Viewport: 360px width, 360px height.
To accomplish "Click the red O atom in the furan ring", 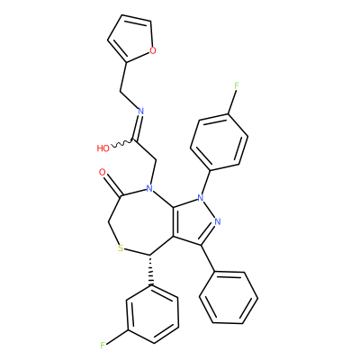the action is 153,50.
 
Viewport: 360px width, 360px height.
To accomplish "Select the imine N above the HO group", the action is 140,111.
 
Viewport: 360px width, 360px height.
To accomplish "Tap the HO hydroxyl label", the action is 103,148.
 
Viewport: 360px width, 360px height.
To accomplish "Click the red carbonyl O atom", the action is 103,172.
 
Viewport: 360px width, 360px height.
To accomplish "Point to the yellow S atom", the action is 121,248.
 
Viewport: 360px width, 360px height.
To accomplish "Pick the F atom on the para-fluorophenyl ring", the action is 237,85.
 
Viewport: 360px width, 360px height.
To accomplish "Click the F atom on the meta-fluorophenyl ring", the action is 103,346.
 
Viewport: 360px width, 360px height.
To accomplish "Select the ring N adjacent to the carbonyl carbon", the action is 149,188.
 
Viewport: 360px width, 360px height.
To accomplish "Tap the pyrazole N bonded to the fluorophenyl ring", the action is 201,198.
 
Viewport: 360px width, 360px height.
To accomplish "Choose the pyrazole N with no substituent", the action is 218,221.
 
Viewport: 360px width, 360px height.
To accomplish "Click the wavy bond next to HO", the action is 122,144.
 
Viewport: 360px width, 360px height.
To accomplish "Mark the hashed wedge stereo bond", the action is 150,270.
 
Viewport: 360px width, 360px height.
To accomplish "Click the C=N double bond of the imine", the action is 137,128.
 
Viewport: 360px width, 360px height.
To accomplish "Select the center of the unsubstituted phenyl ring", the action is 229,298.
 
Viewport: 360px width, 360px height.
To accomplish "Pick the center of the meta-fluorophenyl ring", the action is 153,314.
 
